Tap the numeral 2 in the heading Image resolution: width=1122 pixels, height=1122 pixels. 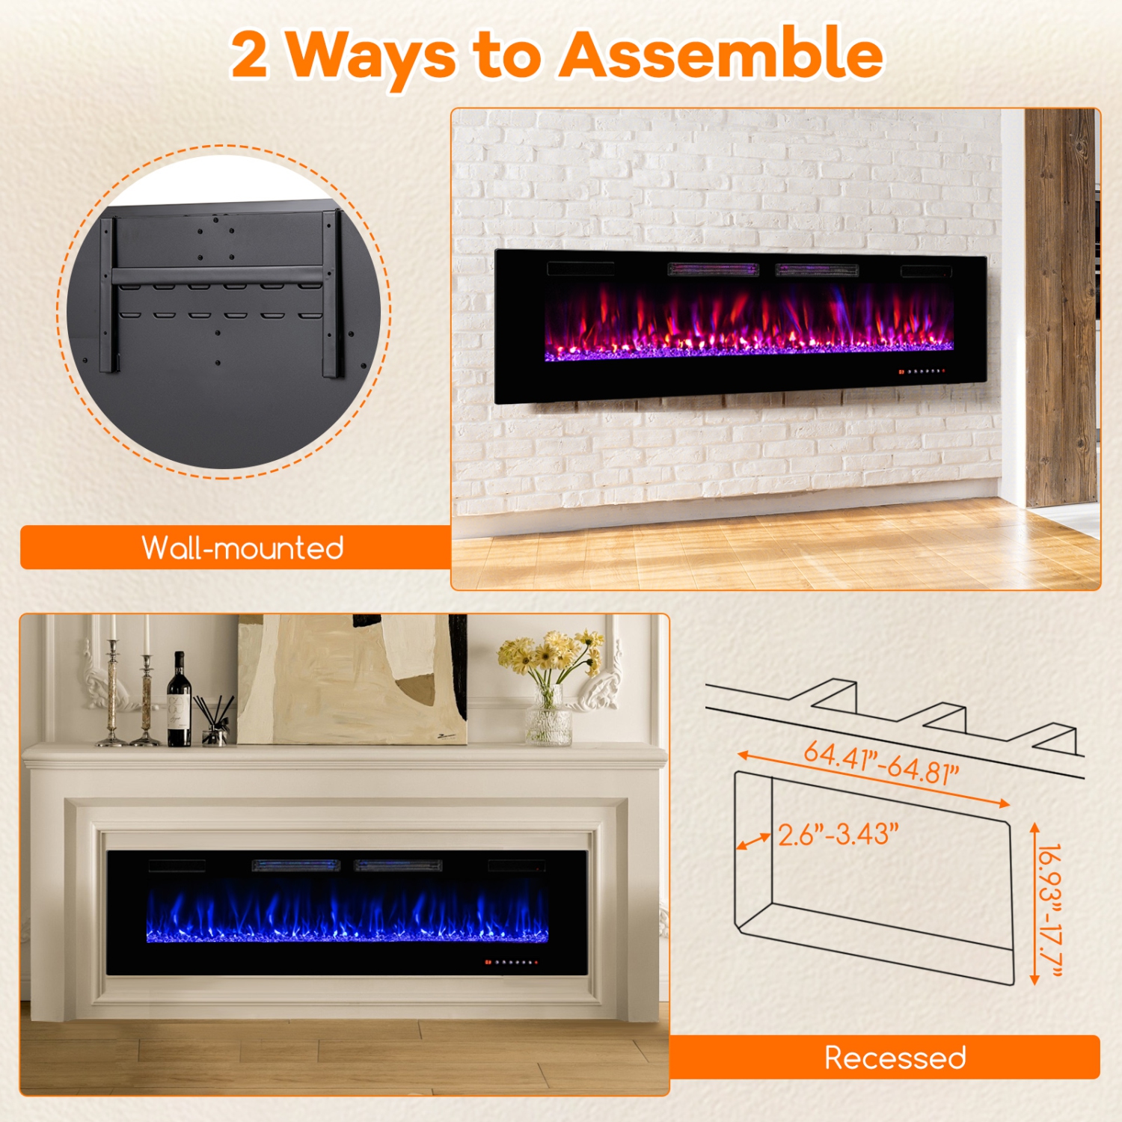click(249, 55)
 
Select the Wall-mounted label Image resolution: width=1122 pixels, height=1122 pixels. click(242, 548)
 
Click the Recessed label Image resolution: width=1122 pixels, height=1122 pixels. click(895, 1058)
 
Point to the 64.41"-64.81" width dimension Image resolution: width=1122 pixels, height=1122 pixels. click(880, 762)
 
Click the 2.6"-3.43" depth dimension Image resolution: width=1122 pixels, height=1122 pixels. click(838, 834)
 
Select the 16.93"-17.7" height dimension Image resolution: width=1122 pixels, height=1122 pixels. click(1051, 909)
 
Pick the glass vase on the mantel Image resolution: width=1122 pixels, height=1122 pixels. click(548, 718)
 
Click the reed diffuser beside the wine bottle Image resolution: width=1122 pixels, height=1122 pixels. click(212, 722)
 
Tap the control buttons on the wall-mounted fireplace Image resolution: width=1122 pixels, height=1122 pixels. click(922, 371)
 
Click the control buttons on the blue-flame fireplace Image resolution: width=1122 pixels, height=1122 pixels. click(511, 962)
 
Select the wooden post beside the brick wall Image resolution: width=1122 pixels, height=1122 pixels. click(1061, 307)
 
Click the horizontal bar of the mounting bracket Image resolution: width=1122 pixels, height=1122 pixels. click(217, 275)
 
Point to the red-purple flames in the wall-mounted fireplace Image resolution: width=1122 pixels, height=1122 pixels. click(748, 322)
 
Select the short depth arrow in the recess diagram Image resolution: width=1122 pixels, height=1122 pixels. click(753, 841)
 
